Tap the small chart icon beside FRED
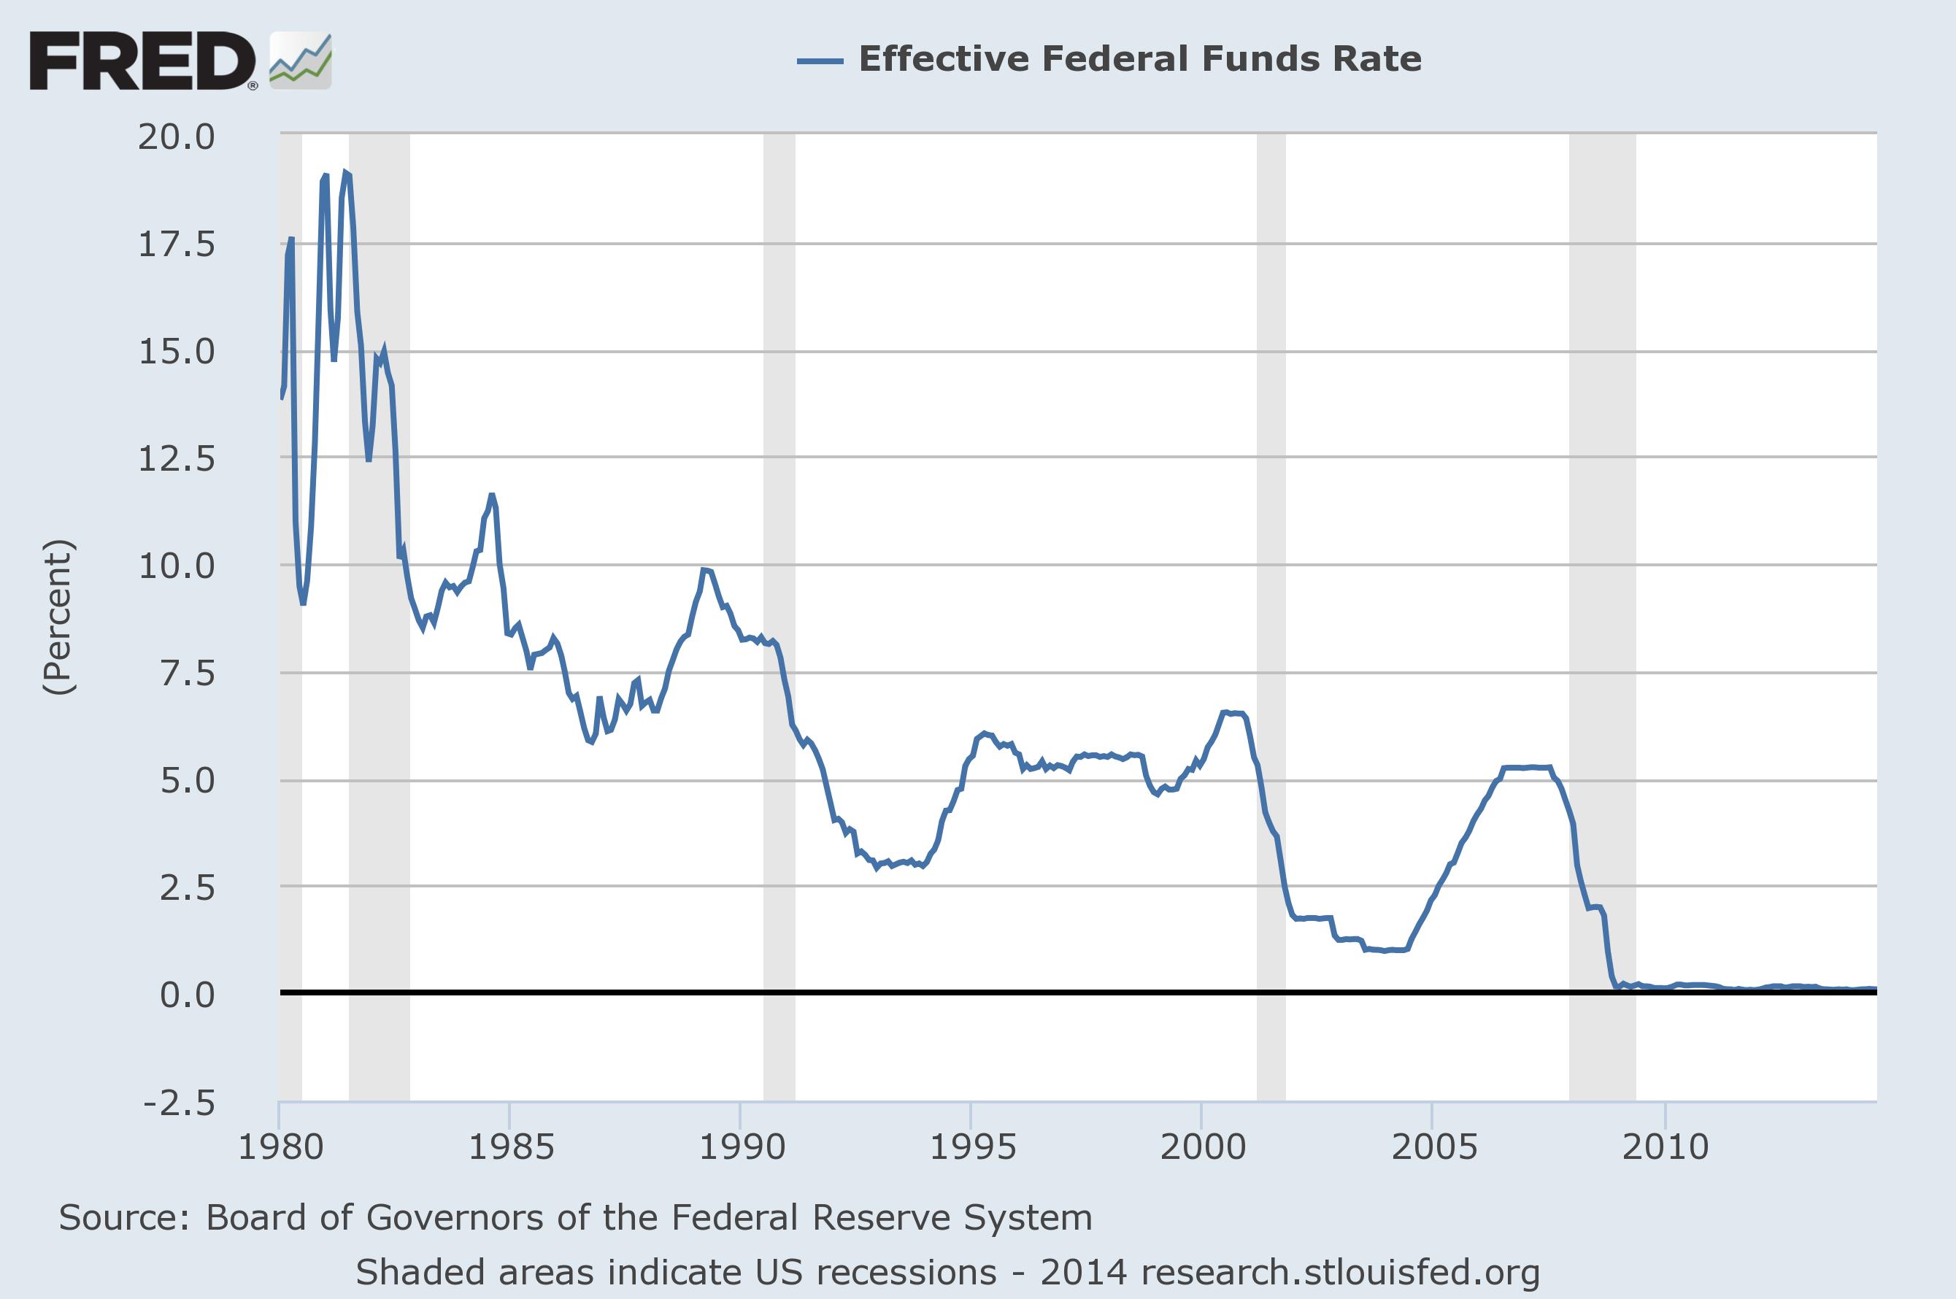tap(301, 61)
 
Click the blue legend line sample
tap(820, 61)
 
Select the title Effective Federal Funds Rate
tap(1140, 59)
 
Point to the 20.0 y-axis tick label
tap(177, 136)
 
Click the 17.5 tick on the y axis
tap(177, 245)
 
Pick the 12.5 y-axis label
tap(177, 458)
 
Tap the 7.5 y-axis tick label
tap(188, 674)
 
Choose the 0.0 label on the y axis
tap(188, 994)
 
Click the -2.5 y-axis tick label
tap(179, 1103)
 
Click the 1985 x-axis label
tap(510, 1147)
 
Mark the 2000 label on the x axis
tap(1203, 1147)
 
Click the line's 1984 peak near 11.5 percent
tap(491, 496)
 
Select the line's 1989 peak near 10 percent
tap(704, 570)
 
